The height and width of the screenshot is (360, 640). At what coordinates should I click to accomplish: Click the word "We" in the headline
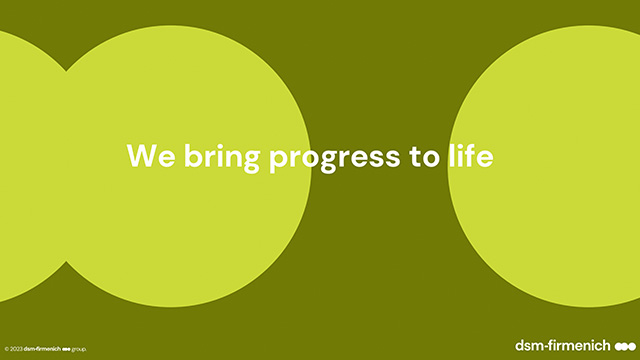(151, 155)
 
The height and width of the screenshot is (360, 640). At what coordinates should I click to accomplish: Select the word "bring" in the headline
(222, 157)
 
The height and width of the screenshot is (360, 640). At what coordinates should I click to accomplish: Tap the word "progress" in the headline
(334, 160)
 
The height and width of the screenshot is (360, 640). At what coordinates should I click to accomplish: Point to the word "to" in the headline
(424, 156)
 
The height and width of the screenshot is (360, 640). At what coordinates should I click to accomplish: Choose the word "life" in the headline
(471, 154)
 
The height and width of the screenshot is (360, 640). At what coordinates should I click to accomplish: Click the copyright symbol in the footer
(7, 349)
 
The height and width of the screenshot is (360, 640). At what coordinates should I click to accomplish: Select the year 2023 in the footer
(16, 349)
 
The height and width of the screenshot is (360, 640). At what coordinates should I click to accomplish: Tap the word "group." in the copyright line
(79, 349)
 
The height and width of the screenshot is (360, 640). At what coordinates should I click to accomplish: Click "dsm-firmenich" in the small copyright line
(42, 349)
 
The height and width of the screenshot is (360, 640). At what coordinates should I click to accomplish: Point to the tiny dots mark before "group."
(66, 349)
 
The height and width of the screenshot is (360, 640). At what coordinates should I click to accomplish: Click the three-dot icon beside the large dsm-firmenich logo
(625, 347)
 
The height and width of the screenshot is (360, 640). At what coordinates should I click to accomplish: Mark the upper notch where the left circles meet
(66, 71)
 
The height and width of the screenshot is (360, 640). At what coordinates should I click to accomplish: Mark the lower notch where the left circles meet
(66, 261)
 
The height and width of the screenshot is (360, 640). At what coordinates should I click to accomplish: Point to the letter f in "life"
(469, 154)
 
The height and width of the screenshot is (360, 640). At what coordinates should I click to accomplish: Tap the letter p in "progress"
(278, 160)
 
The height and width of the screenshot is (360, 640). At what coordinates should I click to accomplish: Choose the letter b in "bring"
(193, 154)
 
